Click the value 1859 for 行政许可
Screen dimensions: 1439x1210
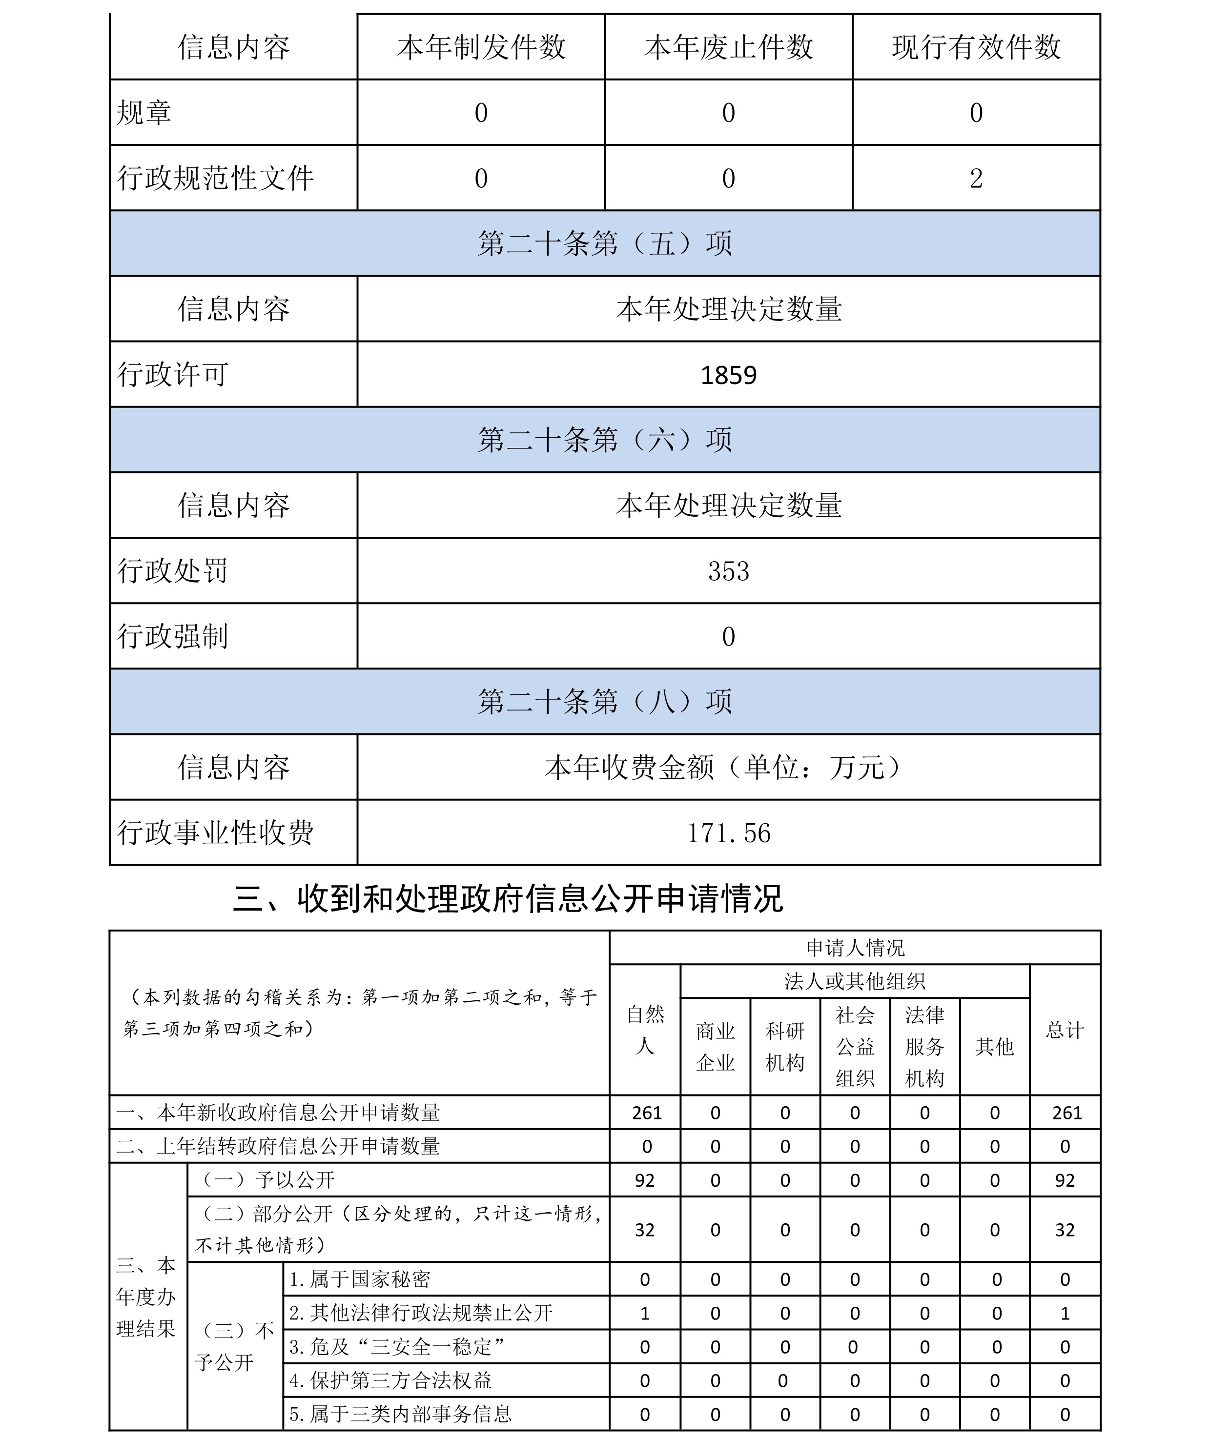(x=728, y=375)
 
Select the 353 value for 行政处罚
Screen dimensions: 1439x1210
(x=728, y=571)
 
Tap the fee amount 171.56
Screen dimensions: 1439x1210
(x=728, y=833)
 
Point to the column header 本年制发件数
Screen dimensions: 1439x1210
(x=481, y=47)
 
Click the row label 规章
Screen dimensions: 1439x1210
(x=144, y=112)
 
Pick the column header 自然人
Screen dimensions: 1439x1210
(x=645, y=1030)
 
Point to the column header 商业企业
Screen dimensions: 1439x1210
(x=716, y=1046)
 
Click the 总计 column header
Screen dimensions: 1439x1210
(x=1065, y=1030)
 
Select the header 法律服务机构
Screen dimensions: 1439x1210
(x=924, y=1046)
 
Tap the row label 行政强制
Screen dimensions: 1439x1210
(x=173, y=636)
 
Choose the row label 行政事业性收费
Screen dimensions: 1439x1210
(x=215, y=833)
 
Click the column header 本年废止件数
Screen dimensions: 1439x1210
(x=728, y=47)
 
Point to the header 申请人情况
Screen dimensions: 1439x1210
(x=855, y=948)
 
